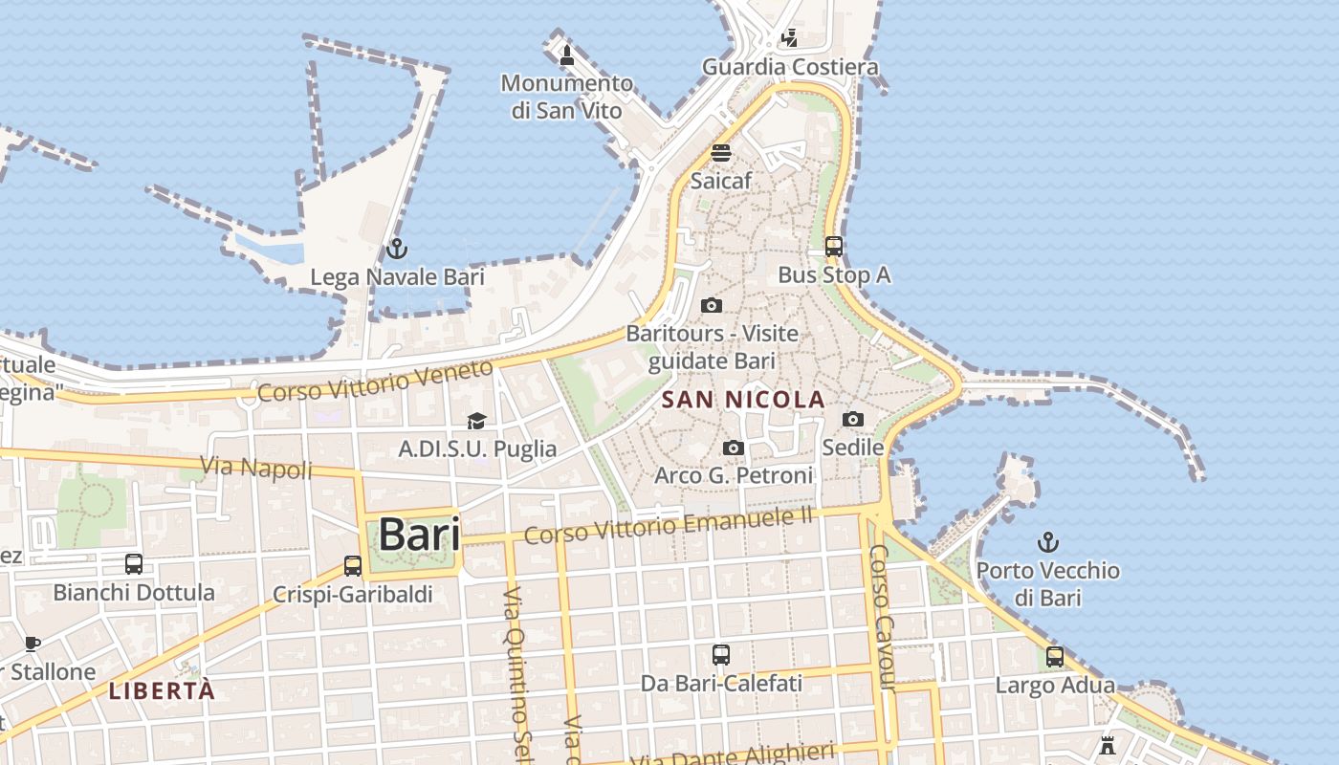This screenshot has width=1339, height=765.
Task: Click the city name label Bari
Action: [419, 535]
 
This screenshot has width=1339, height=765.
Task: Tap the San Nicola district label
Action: [743, 400]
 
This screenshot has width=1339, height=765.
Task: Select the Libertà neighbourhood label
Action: [162, 690]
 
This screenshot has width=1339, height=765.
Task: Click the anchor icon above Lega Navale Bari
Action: [396, 250]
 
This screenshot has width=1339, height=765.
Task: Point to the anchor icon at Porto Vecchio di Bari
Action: [1048, 542]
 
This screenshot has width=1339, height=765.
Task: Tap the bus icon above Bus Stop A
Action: [833, 247]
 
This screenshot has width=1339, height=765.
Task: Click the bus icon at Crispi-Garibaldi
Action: [353, 566]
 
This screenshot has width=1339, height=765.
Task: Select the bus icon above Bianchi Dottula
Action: [134, 564]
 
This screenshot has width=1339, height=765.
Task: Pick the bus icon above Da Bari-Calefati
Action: [721, 655]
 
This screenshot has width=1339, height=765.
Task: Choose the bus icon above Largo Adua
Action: [1055, 657]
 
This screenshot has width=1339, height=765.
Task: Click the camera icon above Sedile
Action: [853, 419]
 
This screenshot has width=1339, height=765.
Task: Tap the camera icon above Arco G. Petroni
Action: [734, 448]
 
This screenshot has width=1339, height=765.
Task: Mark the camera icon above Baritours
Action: [712, 306]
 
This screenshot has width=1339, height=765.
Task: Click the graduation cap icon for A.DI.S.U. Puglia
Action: [476, 421]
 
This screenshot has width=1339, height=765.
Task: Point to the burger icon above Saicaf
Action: [721, 153]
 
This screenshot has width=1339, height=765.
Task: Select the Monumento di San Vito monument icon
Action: [567, 55]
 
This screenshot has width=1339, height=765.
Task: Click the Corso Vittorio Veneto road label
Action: [376, 381]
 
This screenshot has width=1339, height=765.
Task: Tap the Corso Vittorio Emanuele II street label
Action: [668, 526]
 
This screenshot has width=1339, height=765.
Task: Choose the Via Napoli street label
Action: [256, 468]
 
